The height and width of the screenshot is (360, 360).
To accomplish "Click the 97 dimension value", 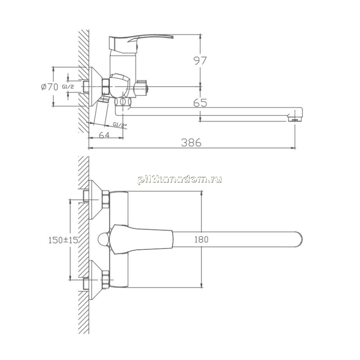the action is pyautogui.click(x=200, y=61).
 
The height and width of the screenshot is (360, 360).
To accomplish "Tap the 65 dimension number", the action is pyautogui.click(x=200, y=103).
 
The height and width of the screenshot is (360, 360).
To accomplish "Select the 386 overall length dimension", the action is pyautogui.click(x=191, y=143).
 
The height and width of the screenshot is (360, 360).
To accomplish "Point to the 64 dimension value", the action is pyautogui.click(x=104, y=135).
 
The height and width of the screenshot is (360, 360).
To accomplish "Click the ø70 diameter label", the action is pyautogui.click(x=49, y=87).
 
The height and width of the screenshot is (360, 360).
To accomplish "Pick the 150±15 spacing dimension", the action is pyautogui.click(x=63, y=240).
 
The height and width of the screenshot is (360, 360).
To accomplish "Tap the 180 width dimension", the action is pyautogui.click(x=201, y=239).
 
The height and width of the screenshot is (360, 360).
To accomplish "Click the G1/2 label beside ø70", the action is pyautogui.click(x=68, y=87).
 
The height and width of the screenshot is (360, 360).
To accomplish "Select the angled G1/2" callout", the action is pyautogui.click(x=120, y=125).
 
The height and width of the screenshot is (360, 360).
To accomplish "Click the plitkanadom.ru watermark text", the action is pyautogui.click(x=180, y=179).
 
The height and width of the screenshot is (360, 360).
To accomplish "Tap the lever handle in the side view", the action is pyautogui.click(x=140, y=43).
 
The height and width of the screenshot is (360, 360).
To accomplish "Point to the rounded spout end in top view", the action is pyautogui.click(x=298, y=239).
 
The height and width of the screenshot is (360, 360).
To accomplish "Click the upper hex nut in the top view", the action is pyautogui.click(x=106, y=199).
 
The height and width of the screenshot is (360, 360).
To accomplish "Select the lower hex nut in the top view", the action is pyautogui.click(x=106, y=279).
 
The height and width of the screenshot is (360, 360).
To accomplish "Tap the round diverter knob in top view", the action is pyautogui.click(x=104, y=239).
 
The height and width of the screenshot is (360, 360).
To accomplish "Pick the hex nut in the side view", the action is pyautogui.click(x=106, y=86).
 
